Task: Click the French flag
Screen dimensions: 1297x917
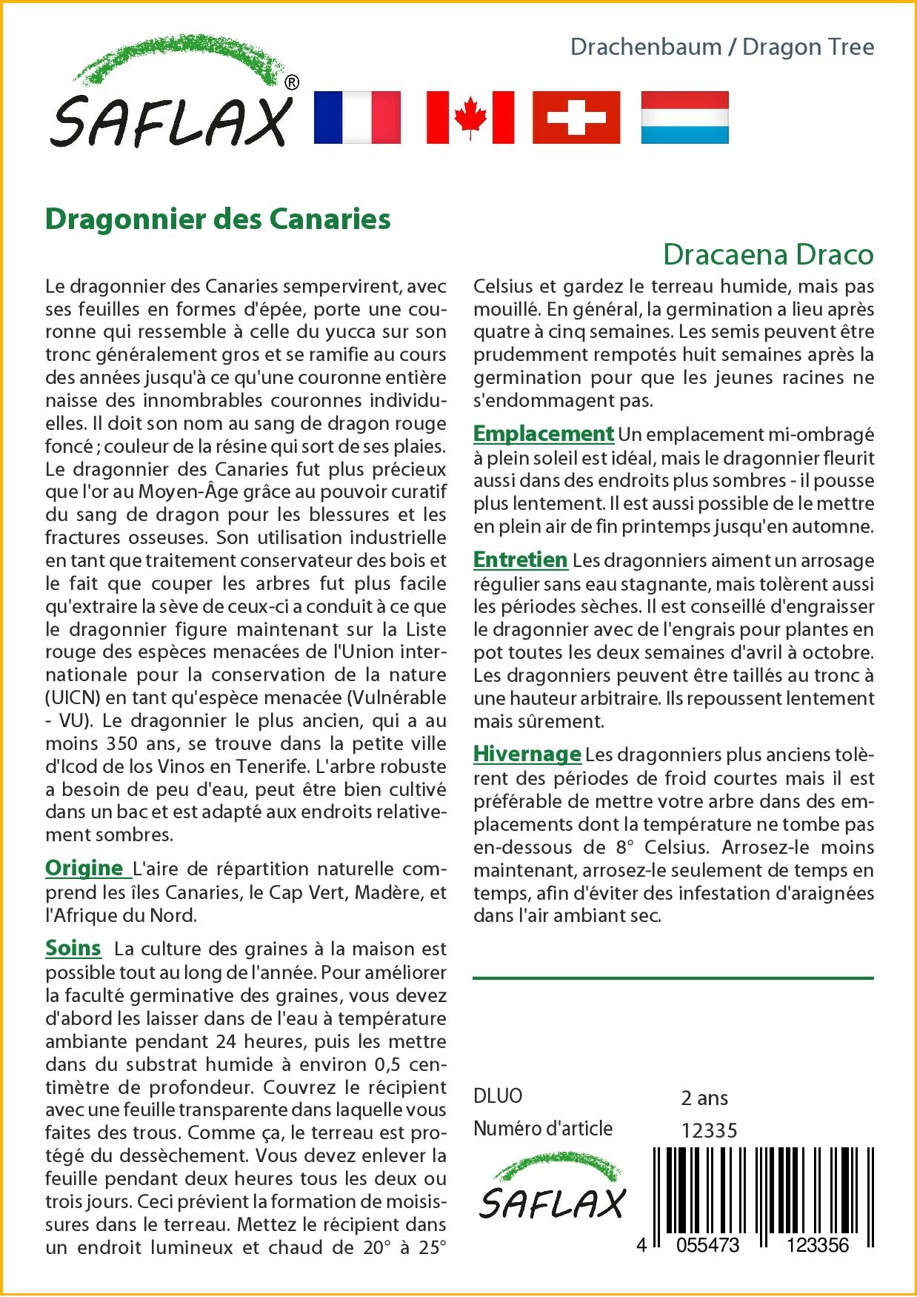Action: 358,117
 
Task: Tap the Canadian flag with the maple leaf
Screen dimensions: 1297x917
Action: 470,117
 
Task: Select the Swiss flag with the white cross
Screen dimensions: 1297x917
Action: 576,117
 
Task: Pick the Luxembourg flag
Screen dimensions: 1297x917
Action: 684,117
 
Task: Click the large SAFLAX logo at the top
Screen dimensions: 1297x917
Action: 171,104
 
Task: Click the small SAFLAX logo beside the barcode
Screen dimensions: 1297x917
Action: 552,1191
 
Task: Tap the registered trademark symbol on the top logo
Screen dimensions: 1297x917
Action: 292,83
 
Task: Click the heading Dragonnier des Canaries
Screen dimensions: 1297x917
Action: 218,219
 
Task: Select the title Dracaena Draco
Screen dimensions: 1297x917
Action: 768,254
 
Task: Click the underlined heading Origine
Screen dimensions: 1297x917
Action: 84,867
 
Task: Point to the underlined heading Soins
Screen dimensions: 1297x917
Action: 73,948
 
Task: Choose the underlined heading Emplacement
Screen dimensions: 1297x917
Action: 544,434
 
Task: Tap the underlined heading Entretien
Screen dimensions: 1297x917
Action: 520,560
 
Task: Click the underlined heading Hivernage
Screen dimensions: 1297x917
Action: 527,754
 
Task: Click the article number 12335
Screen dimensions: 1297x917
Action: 709,1130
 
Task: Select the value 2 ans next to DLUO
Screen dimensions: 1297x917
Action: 704,1098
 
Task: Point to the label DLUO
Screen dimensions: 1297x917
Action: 498,1096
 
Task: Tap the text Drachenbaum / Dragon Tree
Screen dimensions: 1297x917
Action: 722,47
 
